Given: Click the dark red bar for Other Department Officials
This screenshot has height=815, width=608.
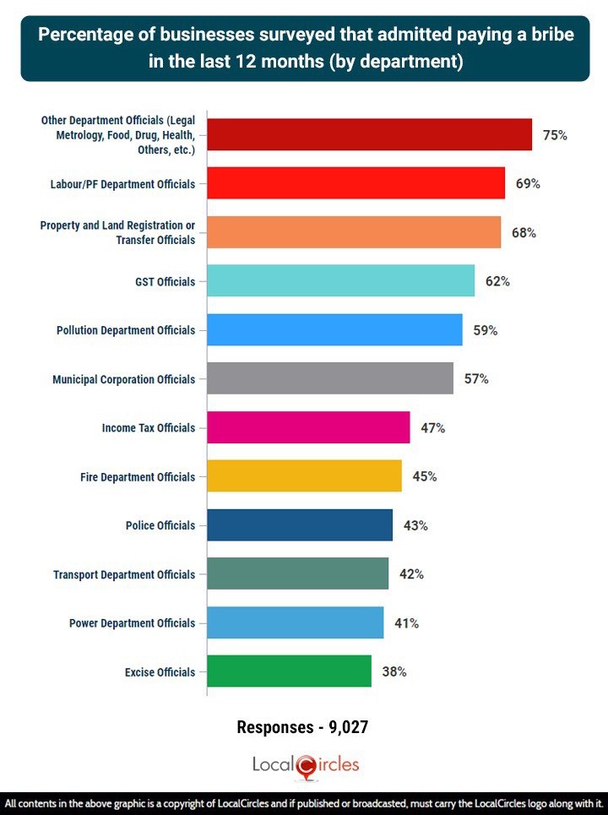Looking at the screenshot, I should [369, 135].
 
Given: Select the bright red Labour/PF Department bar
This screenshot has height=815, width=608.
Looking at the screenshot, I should [356, 183].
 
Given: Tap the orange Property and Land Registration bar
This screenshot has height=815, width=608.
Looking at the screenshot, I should [354, 232].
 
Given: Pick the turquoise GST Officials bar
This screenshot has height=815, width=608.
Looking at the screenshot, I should [340, 281].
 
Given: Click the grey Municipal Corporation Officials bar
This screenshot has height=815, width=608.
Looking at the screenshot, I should [330, 378].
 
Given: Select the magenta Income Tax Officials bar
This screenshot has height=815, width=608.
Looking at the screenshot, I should [308, 427].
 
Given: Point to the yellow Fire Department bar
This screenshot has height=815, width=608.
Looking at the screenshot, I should [304, 476].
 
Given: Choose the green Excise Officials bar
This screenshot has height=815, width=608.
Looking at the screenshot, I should [289, 671].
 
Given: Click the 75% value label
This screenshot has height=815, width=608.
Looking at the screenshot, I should [555, 135].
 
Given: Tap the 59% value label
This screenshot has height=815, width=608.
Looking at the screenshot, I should [485, 330].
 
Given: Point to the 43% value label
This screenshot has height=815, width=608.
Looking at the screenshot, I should [415, 525].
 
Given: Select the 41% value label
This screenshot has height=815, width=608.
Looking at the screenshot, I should [406, 623].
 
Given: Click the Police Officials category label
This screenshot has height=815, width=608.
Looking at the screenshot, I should [160, 525].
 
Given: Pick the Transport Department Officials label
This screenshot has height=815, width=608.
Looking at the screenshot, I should [124, 574].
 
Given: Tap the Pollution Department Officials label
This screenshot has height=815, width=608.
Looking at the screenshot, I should [126, 330].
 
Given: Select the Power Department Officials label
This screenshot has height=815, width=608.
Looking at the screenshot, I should [132, 623].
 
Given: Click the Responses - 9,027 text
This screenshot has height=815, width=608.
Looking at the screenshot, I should [303, 726].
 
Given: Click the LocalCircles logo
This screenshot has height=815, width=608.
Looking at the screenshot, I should [305, 765].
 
